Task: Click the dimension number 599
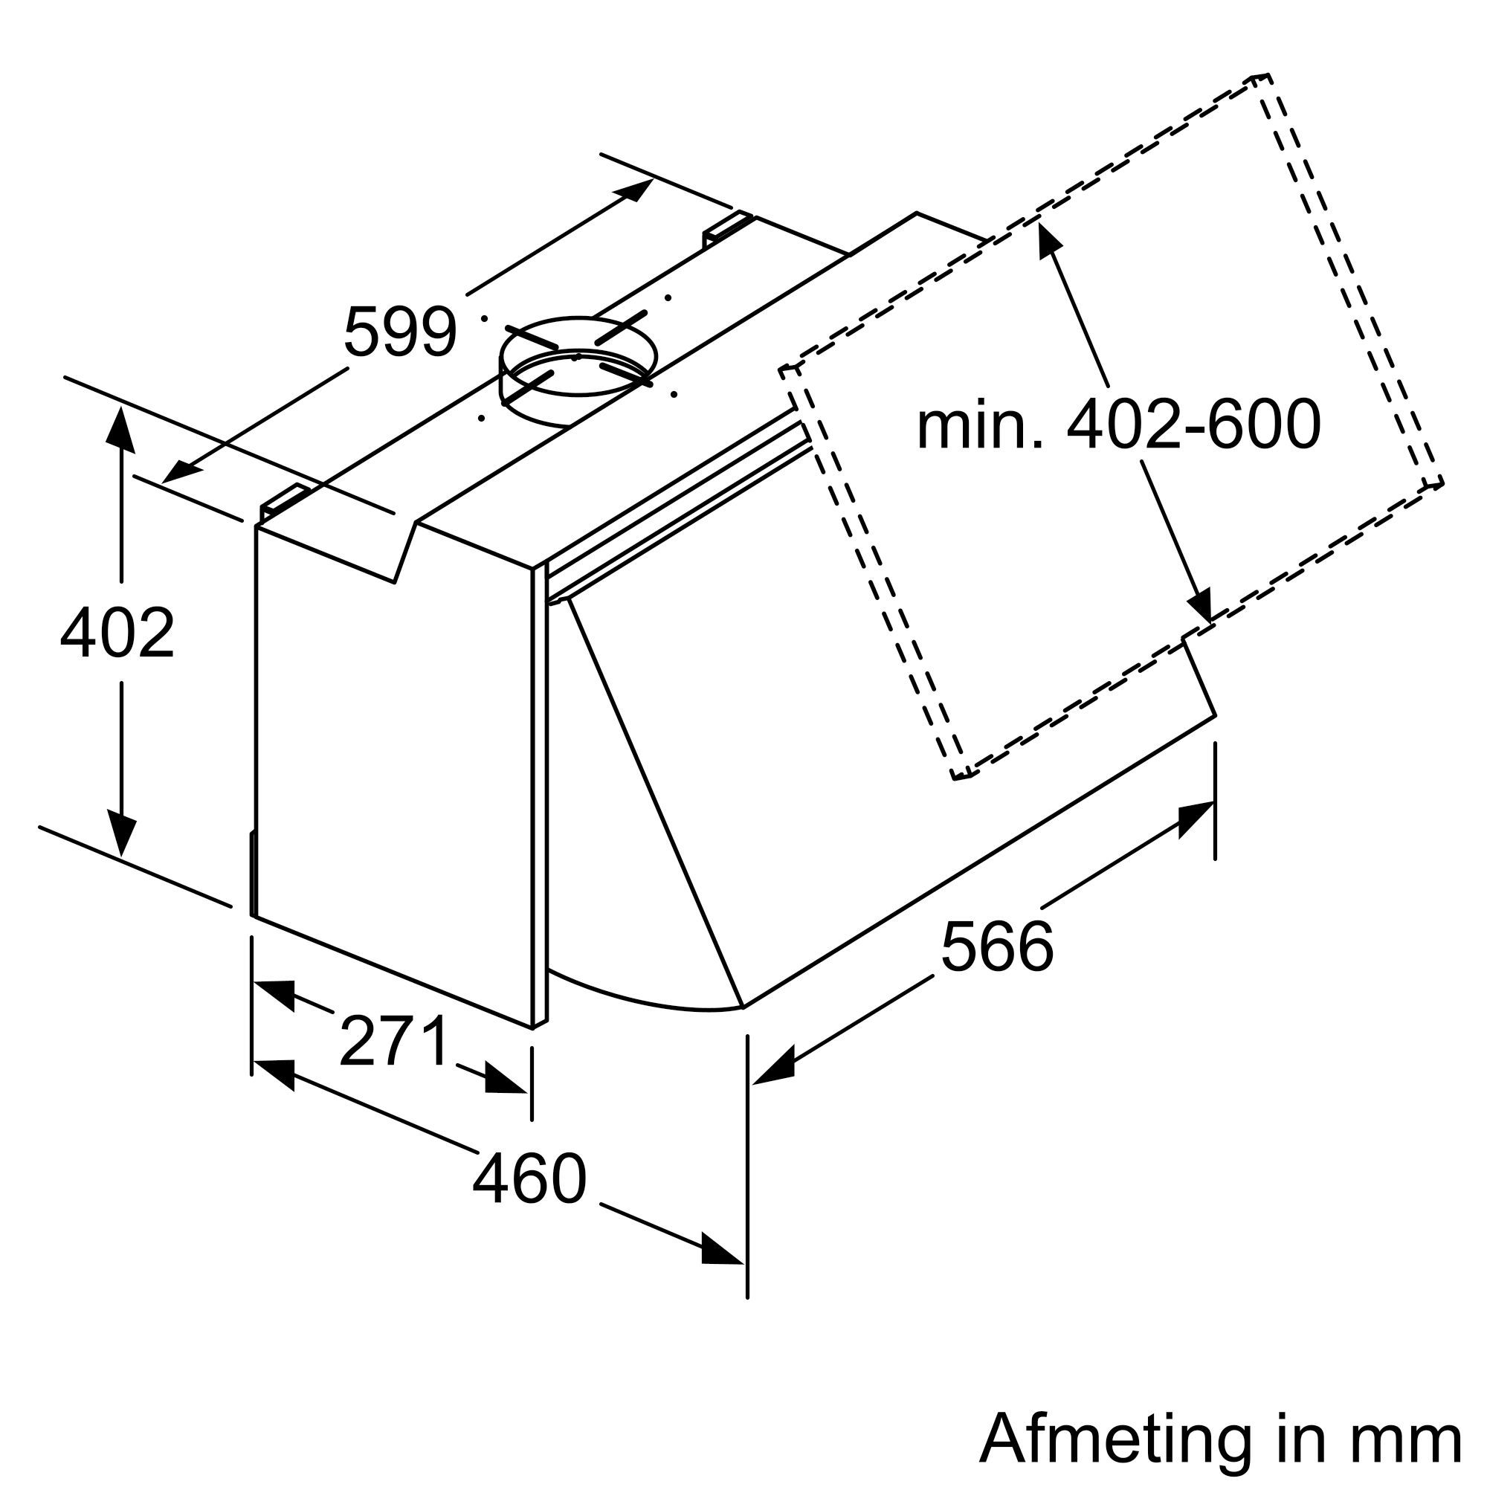pyautogui.click(x=399, y=332)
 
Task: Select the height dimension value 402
pyautogui.click(x=117, y=633)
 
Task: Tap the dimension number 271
pyautogui.click(x=393, y=1042)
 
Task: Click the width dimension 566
pyautogui.click(x=996, y=946)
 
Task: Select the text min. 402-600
pyautogui.click(x=1118, y=425)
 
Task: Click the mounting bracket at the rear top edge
pyautogui.click(x=726, y=228)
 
